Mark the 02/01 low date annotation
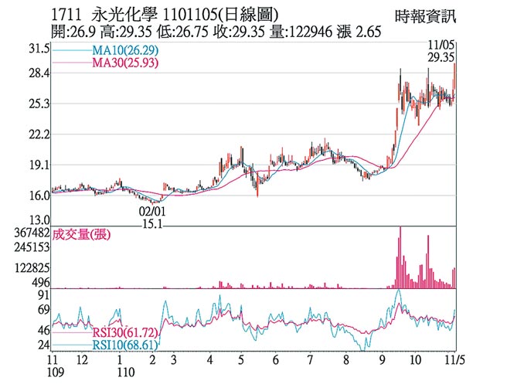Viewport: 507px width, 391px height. pos(152,210)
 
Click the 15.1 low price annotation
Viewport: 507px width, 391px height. pos(153,224)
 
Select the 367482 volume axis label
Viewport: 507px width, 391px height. pos(26,232)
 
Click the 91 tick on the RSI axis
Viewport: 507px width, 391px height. pos(43,295)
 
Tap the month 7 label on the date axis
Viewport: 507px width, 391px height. pos(309,360)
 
